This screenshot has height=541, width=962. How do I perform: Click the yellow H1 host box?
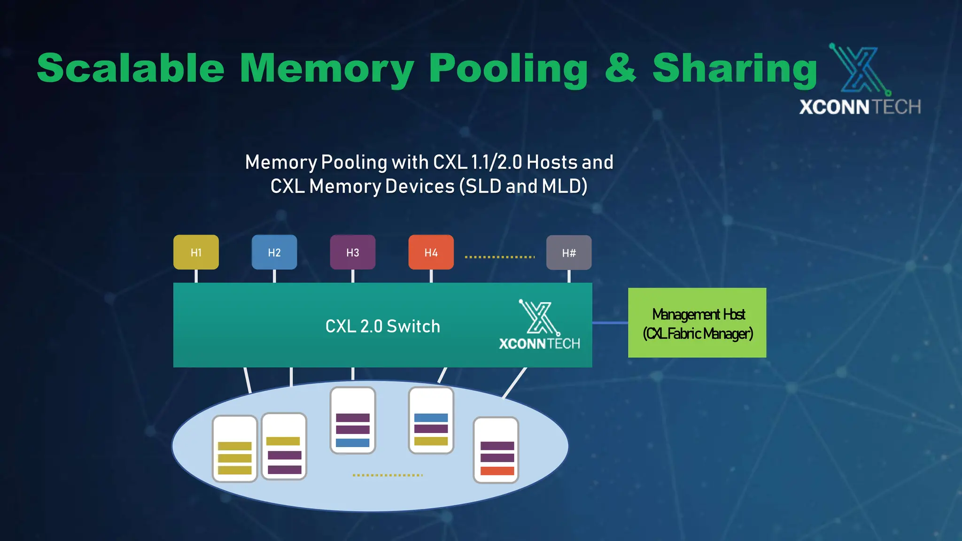point(196,252)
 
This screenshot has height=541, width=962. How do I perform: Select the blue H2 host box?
point(274,252)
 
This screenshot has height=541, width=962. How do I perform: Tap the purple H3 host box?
point(353,252)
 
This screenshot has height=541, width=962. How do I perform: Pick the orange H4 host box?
point(431,252)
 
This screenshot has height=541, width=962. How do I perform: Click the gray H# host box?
point(569,253)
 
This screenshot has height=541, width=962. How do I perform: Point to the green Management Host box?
point(697,323)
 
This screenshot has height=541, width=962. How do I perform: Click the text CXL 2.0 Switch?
point(382,326)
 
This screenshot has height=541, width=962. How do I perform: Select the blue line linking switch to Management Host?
point(610,323)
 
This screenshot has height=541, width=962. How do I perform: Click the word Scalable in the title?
point(131,69)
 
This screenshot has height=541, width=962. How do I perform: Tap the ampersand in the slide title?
point(620,69)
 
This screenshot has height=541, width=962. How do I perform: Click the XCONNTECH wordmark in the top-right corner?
point(860,107)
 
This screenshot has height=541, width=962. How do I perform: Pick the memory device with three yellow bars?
point(235,449)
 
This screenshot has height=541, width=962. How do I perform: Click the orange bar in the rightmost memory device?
point(497,471)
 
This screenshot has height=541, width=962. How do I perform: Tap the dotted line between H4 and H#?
point(500,257)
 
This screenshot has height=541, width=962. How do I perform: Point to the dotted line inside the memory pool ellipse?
point(388,475)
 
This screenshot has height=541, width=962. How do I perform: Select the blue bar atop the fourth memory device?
point(431,417)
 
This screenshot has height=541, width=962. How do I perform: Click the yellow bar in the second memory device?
point(283,441)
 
